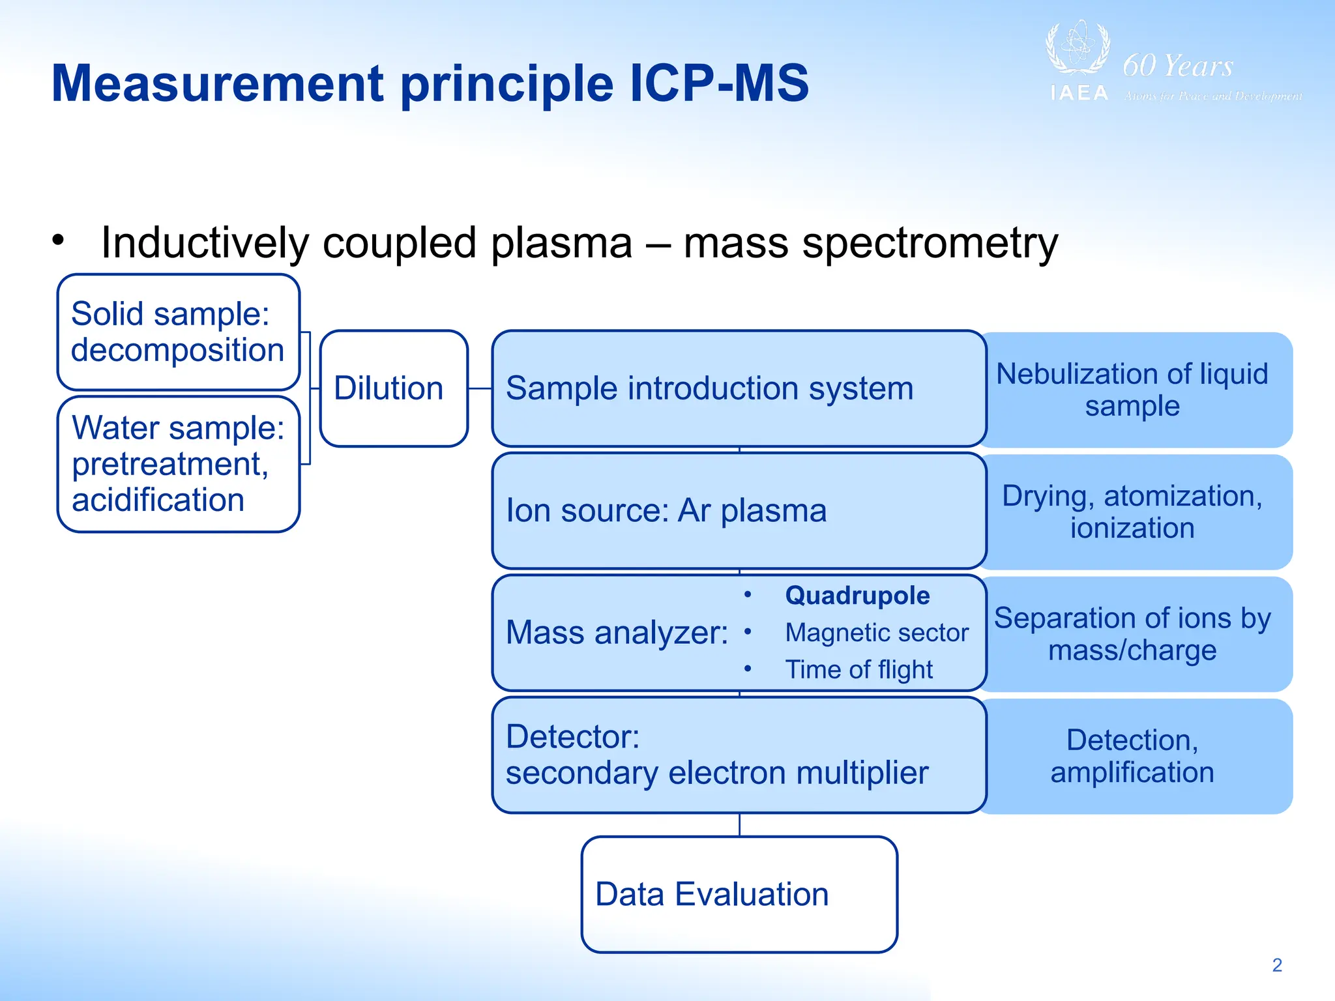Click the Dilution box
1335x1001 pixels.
(x=394, y=388)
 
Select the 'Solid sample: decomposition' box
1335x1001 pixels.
(x=178, y=332)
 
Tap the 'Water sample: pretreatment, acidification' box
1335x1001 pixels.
(x=178, y=464)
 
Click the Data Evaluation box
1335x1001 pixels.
(x=739, y=894)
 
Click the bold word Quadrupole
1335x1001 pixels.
(x=857, y=596)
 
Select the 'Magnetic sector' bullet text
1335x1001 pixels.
(x=876, y=633)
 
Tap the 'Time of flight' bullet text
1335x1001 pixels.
(x=858, y=670)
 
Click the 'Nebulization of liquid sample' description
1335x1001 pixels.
(x=1132, y=390)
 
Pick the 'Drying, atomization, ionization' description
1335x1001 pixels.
(x=1132, y=512)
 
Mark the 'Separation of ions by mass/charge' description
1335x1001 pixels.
(x=1132, y=633)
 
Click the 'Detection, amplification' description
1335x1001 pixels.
(x=1132, y=756)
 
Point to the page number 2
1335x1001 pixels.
(x=1277, y=965)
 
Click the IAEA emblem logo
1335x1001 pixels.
(x=1078, y=50)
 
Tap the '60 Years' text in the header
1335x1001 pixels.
(x=1177, y=66)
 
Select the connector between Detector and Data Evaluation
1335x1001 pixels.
(x=739, y=825)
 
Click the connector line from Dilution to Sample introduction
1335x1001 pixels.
(x=480, y=388)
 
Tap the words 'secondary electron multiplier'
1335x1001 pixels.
(x=717, y=774)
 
